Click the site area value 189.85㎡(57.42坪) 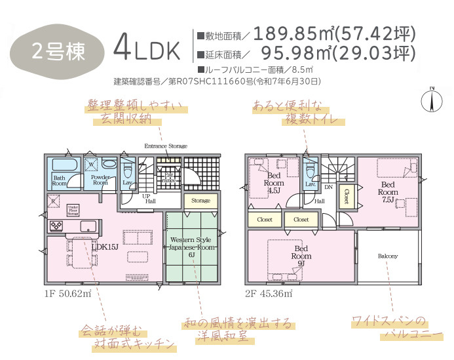pos(334,33)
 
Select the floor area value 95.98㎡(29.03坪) pos(337,52)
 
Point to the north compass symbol pos(432,100)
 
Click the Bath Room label pos(59,180)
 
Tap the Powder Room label pos(100,180)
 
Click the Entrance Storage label pos(166,146)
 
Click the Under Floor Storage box pos(73,210)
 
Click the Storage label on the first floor pos(200,201)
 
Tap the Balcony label pos(388,256)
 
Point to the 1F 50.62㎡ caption pos(67,293)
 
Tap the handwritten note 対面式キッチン pos(134,343)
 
